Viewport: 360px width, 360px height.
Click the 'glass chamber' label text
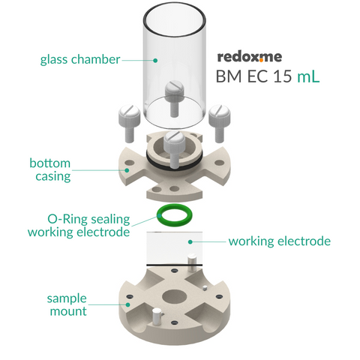[80, 60]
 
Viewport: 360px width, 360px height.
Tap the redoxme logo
[250, 57]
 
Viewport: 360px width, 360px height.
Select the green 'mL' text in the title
[308, 76]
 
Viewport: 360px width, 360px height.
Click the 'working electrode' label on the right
[280, 241]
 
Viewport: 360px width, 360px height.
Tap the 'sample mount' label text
[67, 304]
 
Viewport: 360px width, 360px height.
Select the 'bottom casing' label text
[50, 169]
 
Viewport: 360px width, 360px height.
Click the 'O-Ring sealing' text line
[88, 219]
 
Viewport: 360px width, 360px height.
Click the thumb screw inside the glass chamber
[175, 98]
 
